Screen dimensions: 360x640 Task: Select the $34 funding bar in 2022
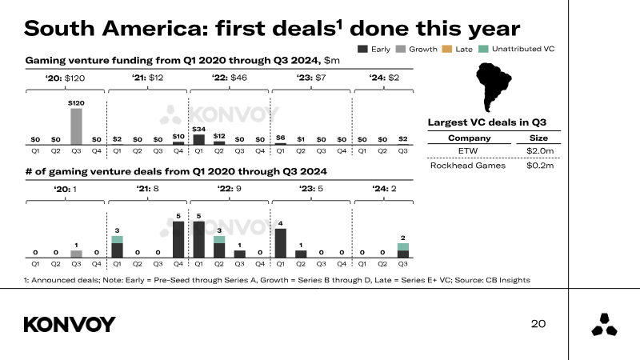coord(198,139)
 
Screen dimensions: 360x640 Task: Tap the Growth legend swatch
coord(402,50)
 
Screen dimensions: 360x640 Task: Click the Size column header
coord(541,138)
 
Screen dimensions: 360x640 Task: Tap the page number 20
coord(538,323)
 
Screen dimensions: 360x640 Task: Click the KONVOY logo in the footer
coord(70,324)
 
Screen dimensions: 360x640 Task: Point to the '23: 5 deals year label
coord(311,189)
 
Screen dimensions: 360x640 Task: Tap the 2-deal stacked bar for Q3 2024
coord(403,250)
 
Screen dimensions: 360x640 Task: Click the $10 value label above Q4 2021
coord(178,137)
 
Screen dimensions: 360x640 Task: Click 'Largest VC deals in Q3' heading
coord(486,122)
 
